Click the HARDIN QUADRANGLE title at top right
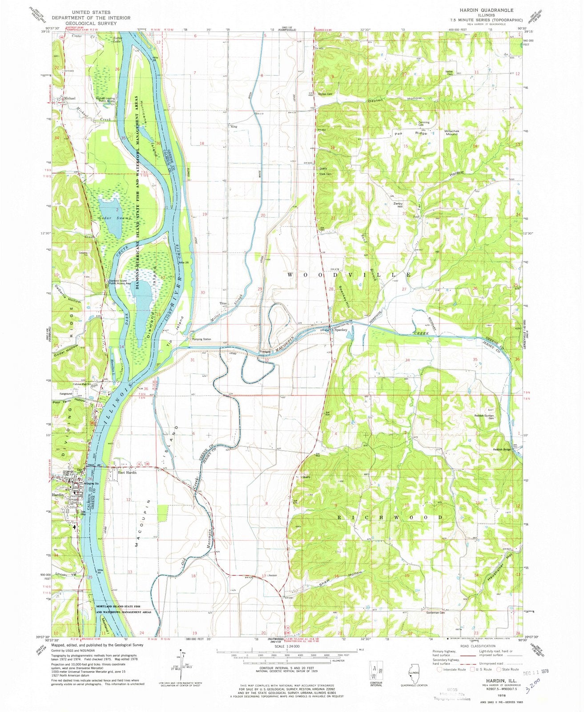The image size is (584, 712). point(488,10)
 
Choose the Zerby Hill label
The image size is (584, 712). point(397,205)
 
